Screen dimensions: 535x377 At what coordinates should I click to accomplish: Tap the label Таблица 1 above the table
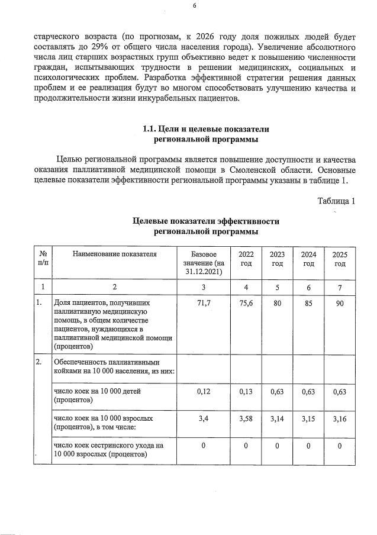pyautogui.click(x=336, y=200)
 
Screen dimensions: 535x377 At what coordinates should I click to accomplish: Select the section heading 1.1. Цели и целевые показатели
pyautogui.click(x=205, y=129)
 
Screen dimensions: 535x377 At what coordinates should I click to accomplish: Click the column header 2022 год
pyautogui.click(x=246, y=259)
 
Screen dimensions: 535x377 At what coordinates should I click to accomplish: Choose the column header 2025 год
pyautogui.click(x=339, y=259)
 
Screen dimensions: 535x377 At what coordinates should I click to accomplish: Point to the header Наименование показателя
pyautogui.click(x=114, y=254)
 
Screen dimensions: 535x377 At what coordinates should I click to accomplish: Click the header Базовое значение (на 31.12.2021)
pyautogui.click(x=202, y=263)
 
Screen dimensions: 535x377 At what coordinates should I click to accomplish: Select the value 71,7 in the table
pyautogui.click(x=202, y=303)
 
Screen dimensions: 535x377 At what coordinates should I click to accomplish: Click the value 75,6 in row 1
pyautogui.click(x=246, y=303)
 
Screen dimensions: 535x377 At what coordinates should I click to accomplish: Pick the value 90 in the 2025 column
pyautogui.click(x=339, y=303)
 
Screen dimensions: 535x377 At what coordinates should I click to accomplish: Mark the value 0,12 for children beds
pyautogui.click(x=202, y=391)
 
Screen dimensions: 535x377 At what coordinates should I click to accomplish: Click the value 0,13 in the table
pyautogui.click(x=246, y=391)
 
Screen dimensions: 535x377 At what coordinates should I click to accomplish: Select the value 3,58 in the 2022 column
pyautogui.click(x=246, y=419)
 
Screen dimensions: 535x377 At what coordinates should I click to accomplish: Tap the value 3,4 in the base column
pyautogui.click(x=202, y=419)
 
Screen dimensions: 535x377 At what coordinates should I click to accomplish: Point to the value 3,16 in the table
pyautogui.click(x=339, y=419)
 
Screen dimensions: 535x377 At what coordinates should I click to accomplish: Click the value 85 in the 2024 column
pyautogui.click(x=308, y=303)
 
